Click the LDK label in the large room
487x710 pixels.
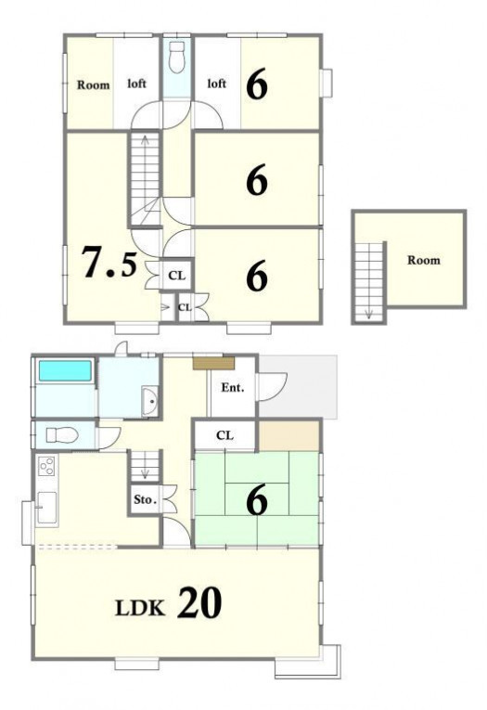point(140,608)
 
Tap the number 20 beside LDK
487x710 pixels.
point(199,602)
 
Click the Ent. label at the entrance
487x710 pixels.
point(233,388)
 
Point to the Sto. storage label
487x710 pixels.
point(145,500)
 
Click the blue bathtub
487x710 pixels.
point(65,370)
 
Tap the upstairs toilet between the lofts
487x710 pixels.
point(176,57)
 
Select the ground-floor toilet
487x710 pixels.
point(62,435)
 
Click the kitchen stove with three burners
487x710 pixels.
point(46,467)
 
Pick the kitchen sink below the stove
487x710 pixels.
point(46,508)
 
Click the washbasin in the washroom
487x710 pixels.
point(149,401)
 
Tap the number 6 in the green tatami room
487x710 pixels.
point(257,501)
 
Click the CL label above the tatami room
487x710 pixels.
point(224,435)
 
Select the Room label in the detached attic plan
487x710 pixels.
point(423,261)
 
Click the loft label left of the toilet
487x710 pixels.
point(136,84)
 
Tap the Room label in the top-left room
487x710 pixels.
point(93,84)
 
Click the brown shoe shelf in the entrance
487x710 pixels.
point(213,363)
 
